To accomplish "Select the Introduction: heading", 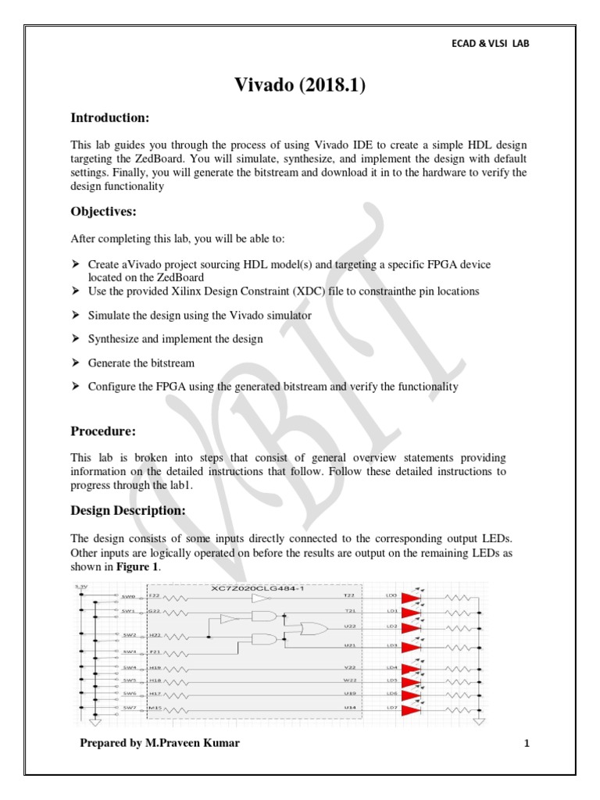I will (x=110, y=118).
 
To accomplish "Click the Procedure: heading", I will (x=104, y=430).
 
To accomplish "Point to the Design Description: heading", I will (x=128, y=511).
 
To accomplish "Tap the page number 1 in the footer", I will (x=527, y=743).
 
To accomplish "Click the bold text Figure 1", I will (x=137, y=566).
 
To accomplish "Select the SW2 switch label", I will (x=128, y=635).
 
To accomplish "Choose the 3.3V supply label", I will (x=80, y=586).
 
